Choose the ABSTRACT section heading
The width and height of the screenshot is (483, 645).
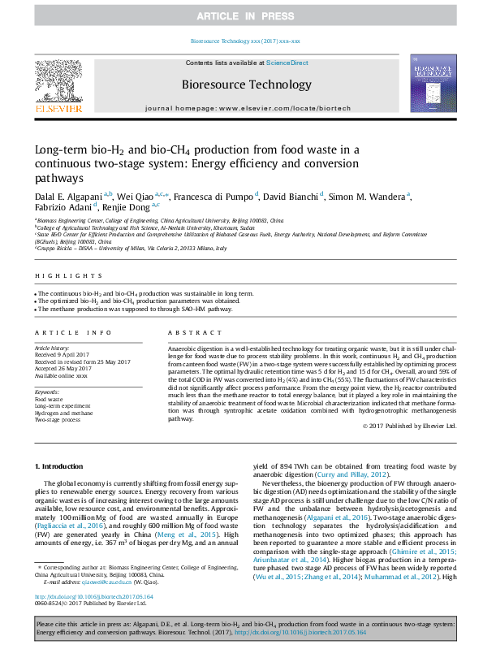[x=189, y=333]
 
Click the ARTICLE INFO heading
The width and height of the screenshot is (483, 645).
[x=73, y=333]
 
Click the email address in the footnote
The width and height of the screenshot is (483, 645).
[x=110, y=582]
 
